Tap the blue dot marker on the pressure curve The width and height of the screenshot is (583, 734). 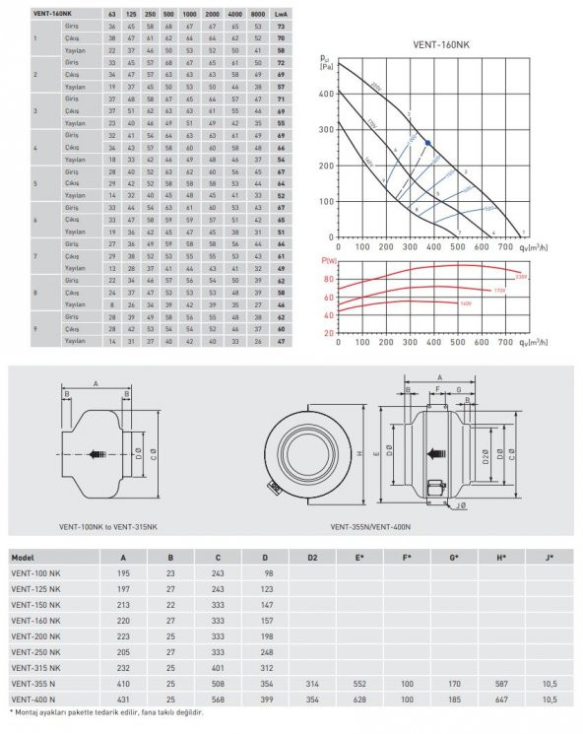pos(426,143)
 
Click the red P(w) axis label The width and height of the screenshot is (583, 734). pos(329,261)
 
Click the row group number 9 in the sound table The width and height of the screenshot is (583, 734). pos(36,329)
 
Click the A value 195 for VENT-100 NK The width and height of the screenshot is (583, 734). pos(125,574)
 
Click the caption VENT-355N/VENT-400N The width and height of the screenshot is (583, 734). pos(375,527)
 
